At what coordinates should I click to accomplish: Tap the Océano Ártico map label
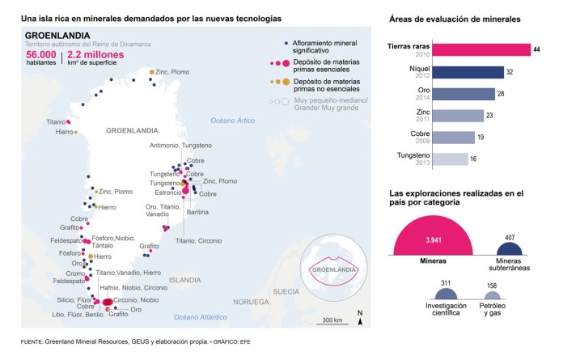(232, 120)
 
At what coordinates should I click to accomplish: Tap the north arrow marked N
(360, 319)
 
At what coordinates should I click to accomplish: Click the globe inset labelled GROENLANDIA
(333, 268)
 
